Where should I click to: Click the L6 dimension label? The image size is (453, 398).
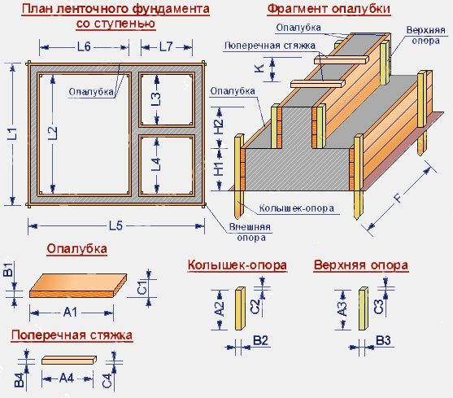pos(84,46)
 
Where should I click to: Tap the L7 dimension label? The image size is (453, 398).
pos(166,46)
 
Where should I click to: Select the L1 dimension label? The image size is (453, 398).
pos(12,133)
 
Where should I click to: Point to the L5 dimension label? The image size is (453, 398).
pos(115,225)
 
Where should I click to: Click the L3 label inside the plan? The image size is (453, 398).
pos(156,98)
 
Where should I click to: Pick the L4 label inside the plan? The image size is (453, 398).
pos(156,164)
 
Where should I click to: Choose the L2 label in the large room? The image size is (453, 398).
pos(52,133)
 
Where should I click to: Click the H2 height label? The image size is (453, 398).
pos(219,125)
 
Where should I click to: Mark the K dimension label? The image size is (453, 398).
pos(259,69)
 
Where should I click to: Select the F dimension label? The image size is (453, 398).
pos(399,199)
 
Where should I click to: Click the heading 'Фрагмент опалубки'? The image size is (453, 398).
pos(329,9)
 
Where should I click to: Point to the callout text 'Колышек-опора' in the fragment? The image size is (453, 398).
pos(296,208)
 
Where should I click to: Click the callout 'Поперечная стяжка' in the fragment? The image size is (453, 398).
pos(270,46)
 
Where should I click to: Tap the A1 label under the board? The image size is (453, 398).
pos(71,313)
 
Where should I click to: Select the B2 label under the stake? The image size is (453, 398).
pos(260,341)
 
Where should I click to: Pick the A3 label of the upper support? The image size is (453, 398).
pos(342,309)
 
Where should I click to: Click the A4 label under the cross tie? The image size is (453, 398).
pos(67,378)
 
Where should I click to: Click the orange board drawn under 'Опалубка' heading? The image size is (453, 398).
pos(78,286)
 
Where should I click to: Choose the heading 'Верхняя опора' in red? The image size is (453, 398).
pos(361,265)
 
